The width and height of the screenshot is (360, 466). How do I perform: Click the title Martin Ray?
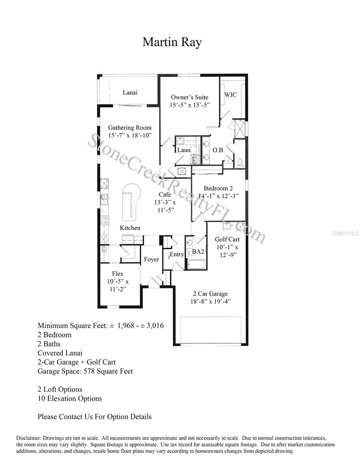(x=172, y=42)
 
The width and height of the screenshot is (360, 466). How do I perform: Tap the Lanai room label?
(x=130, y=92)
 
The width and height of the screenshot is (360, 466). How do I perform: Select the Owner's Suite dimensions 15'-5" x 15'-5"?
(x=190, y=105)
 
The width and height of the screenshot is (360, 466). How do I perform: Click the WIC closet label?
(x=230, y=95)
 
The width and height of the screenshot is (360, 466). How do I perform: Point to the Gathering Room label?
(x=130, y=127)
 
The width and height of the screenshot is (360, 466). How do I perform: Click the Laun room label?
(x=184, y=150)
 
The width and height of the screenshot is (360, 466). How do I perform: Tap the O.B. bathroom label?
(x=219, y=150)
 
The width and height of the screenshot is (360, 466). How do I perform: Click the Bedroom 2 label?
(x=218, y=188)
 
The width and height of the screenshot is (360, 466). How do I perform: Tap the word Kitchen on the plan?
(x=130, y=228)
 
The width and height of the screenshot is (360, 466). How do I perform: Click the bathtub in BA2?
(x=196, y=265)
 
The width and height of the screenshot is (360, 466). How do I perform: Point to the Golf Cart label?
(x=227, y=239)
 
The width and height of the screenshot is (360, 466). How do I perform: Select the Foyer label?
(x=151, y=259)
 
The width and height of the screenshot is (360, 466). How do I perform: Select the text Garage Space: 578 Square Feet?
(x=85, y=371)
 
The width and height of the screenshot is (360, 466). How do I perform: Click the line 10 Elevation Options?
(x=70, y=398)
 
